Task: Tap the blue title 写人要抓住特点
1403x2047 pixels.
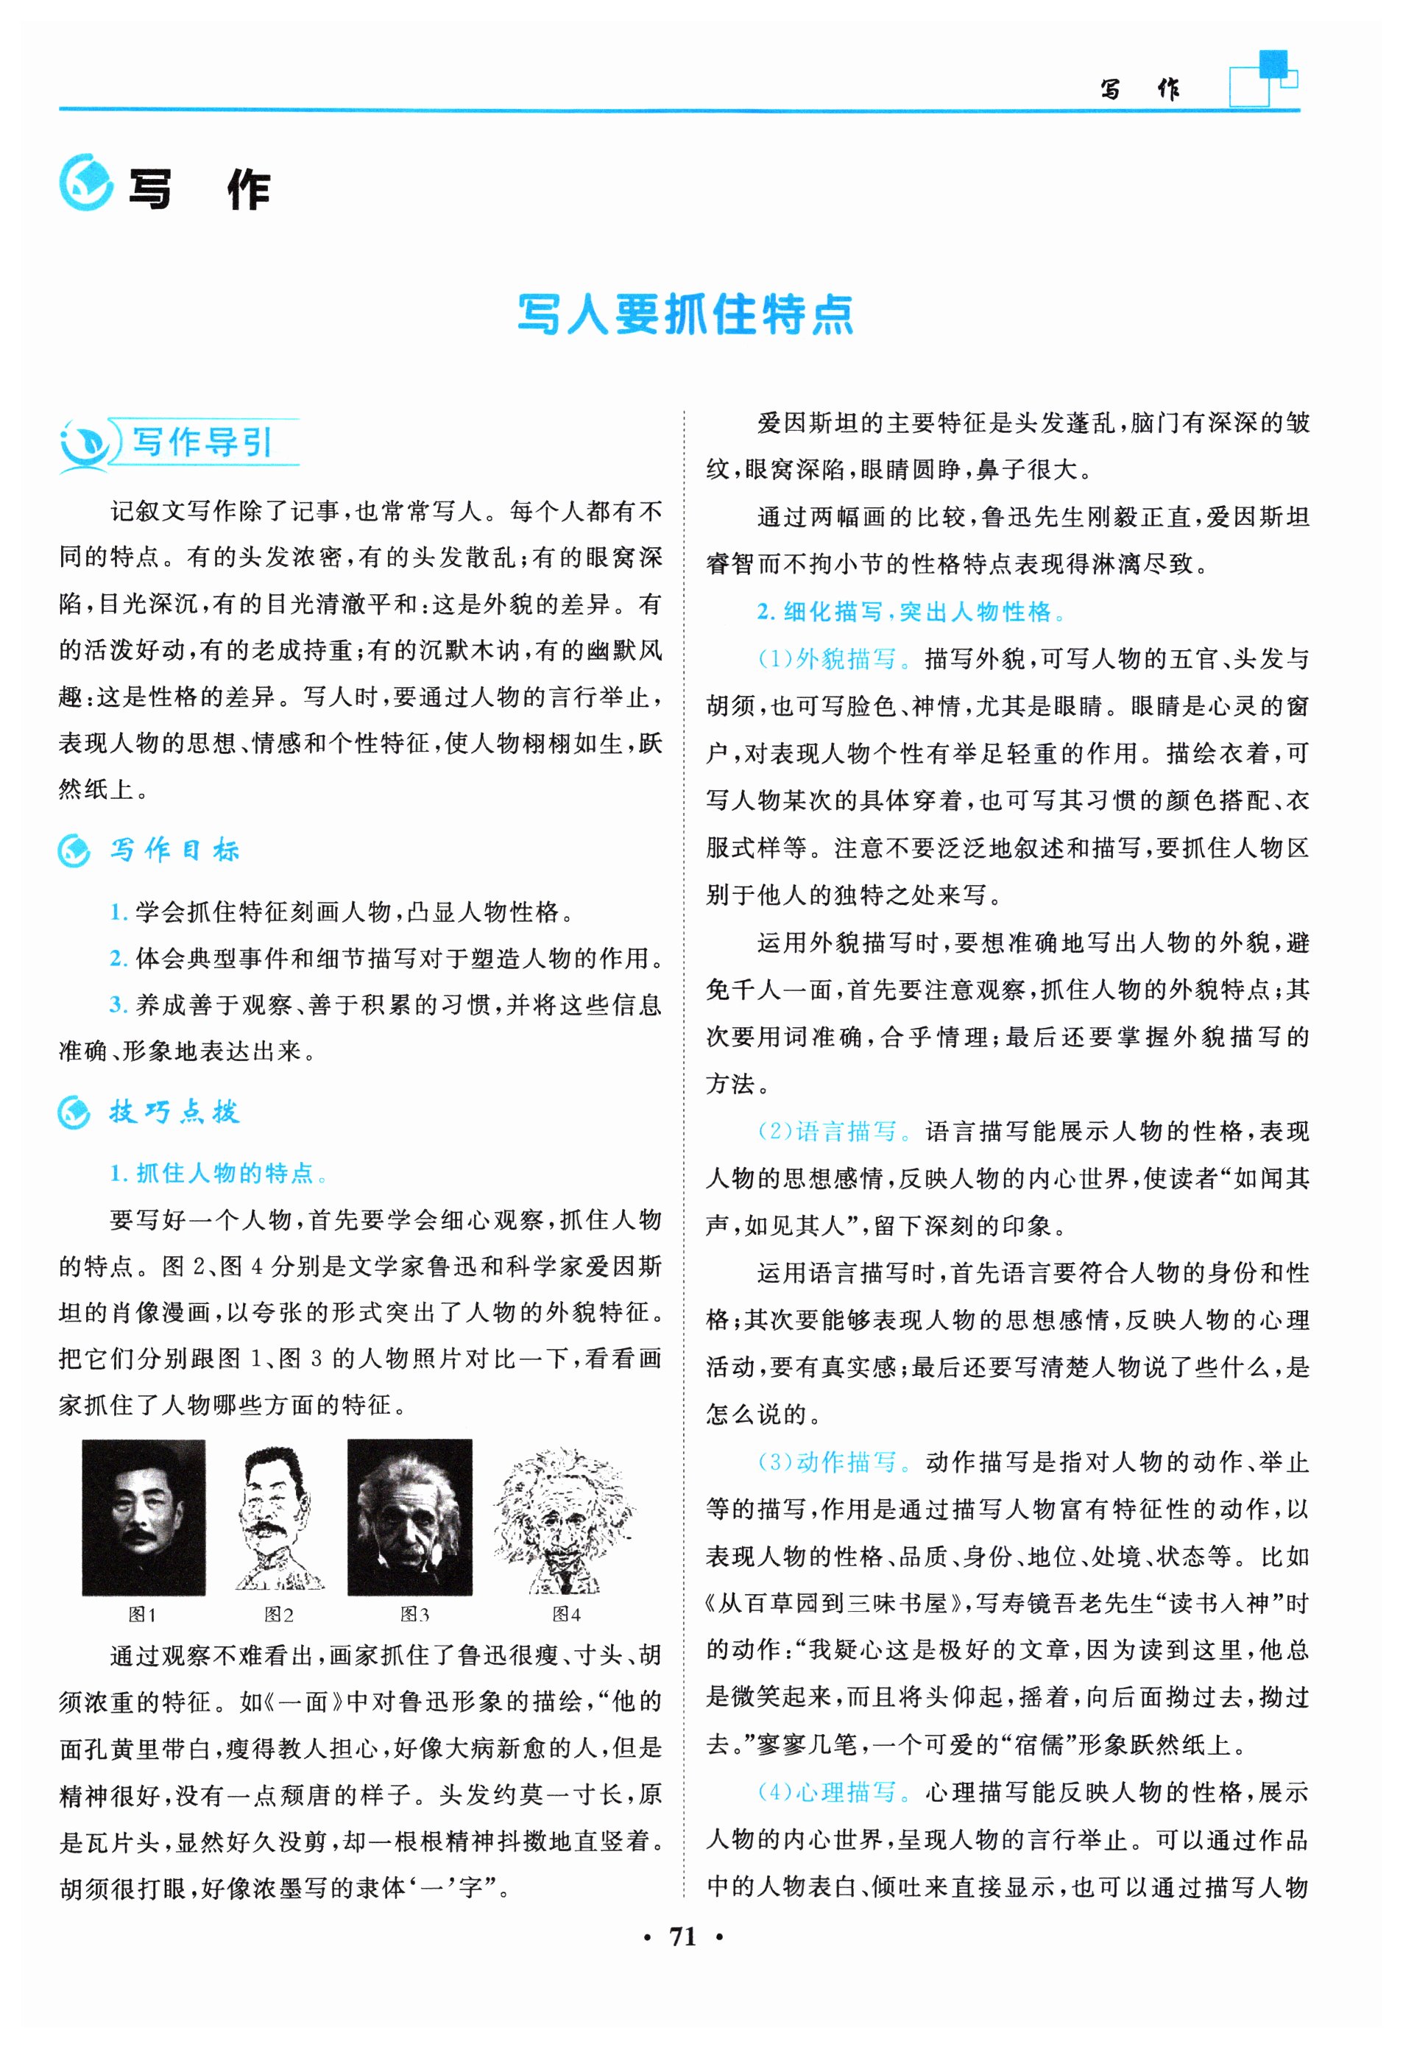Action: pos(685,314)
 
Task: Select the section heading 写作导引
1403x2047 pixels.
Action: pos(202,442)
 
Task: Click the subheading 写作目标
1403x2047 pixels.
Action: pos(174,850)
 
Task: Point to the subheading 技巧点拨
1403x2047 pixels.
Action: pos(174,1113)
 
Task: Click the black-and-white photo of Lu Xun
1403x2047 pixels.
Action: pos(144,1517)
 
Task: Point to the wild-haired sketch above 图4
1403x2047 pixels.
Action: pos(564,1518)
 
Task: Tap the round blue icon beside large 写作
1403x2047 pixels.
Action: pos(85,183)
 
